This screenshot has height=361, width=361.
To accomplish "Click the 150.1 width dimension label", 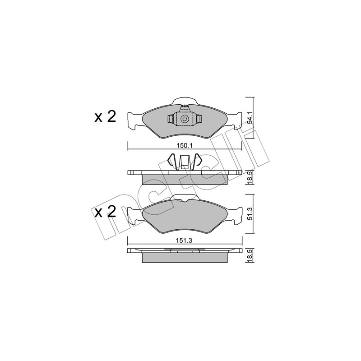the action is click(x=185, y=145).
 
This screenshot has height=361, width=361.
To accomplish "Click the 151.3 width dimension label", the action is click(x=185, y=241).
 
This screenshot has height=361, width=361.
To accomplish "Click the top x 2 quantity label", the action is click(x=105, y=117).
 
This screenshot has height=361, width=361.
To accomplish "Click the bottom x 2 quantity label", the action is click(x=105, y=212).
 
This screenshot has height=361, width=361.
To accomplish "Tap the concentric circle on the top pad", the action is click(x=185, y=119).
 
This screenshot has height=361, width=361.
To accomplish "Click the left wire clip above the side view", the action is click(x=173, y=162).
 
